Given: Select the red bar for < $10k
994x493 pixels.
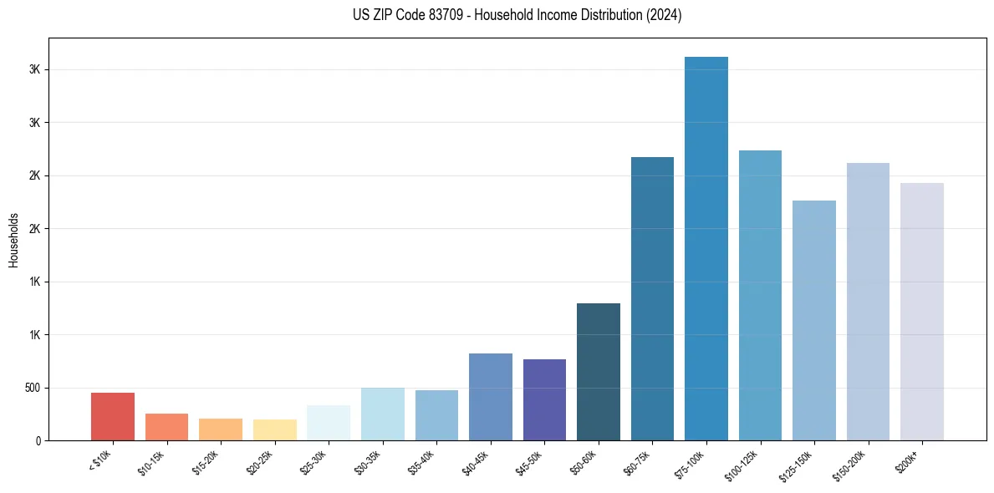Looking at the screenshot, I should [x=113, y=416].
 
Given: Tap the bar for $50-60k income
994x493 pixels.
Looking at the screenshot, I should [x=598, y=372].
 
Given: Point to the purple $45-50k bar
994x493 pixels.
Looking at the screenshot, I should [x=544, y=399].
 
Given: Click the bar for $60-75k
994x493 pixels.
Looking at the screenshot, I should [x=652, y=298].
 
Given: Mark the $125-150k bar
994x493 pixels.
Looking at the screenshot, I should [x=813, y=320].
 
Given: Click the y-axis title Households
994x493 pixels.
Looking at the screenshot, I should [x=13, y=240].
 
